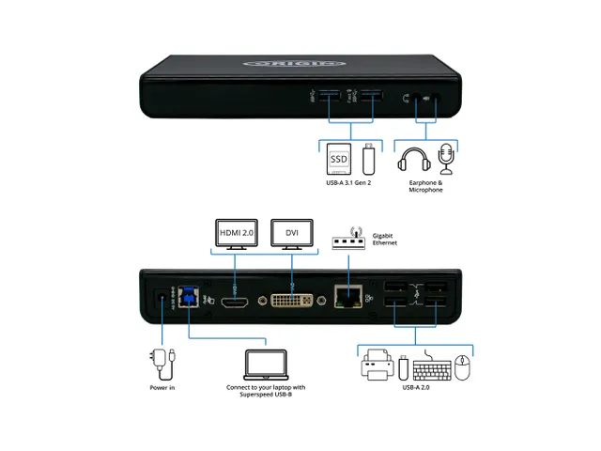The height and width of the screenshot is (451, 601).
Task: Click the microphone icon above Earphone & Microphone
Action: point(447,158)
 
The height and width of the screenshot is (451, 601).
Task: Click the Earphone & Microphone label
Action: point(425,186)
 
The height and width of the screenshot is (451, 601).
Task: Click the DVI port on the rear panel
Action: point(292,301)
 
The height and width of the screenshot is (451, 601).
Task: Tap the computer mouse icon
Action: point(462,368)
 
